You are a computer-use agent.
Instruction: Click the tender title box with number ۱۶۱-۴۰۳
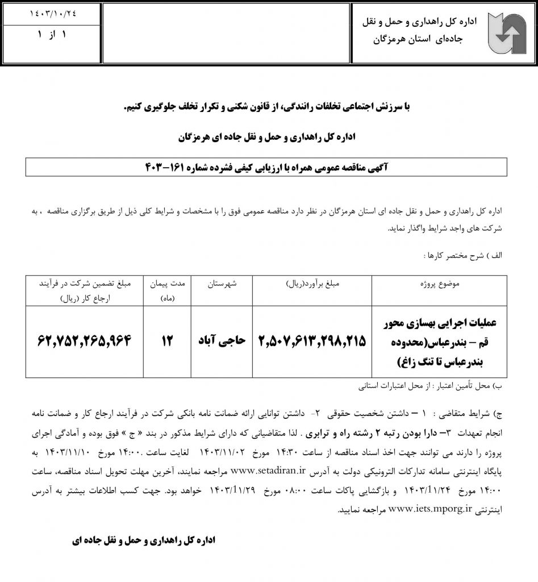[266, 168]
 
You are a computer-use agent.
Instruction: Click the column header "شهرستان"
[220, 283]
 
